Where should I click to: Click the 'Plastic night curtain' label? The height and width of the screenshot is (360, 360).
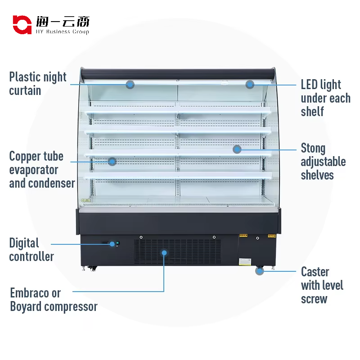[38, 84]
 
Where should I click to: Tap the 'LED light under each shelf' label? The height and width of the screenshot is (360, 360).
[325, 98]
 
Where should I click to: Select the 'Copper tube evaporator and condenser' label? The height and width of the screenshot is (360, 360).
[42, 170]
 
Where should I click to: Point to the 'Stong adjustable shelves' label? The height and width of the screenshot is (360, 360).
[323, 162]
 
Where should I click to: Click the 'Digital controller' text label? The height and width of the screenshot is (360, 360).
[31, 250]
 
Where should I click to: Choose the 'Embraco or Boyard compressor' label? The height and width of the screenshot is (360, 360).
[54, 300]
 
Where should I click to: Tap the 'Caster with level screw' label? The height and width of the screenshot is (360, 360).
[322, 285]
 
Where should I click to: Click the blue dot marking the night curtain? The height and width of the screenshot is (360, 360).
[130, 84]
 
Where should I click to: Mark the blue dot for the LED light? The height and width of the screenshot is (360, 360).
[250, 84]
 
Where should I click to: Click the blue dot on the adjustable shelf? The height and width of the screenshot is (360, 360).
[237, 149]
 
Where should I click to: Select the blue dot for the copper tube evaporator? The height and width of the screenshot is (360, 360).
[112, 161]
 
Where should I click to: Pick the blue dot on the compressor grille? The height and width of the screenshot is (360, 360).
[164, 253]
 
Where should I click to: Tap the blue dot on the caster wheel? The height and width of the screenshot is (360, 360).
[259, 271]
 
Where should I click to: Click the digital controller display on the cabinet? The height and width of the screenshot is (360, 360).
[112, 243]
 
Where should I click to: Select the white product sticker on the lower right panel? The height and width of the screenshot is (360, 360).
[246, 261]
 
